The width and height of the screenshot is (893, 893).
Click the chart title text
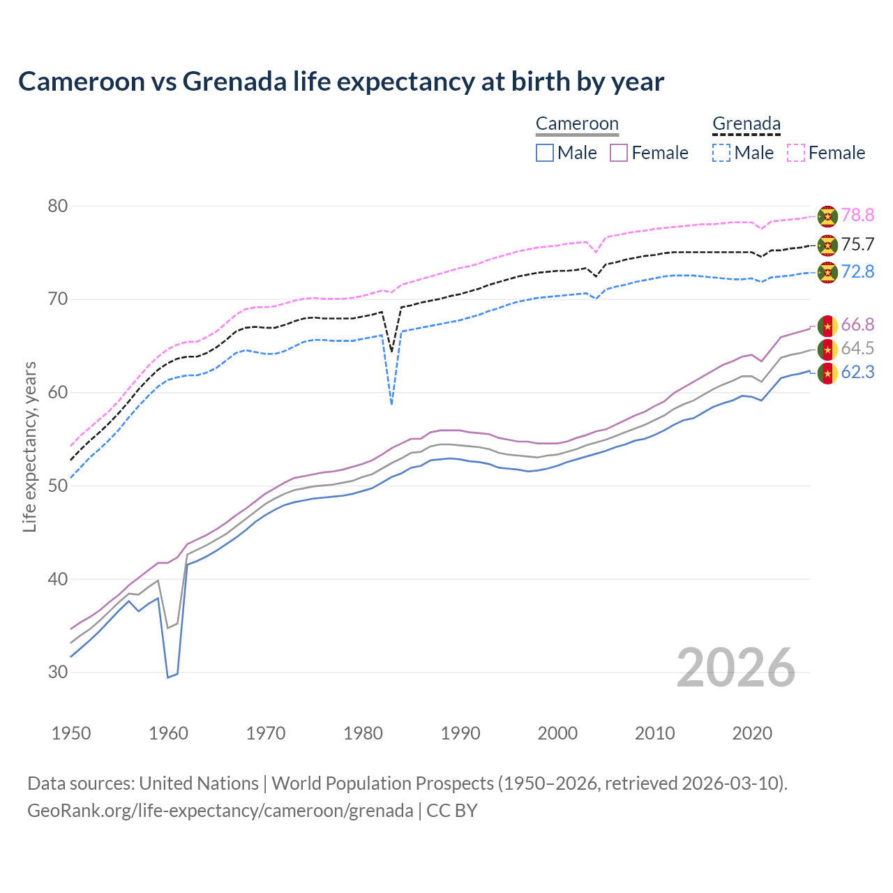pyautogui.click(x=341, y=82)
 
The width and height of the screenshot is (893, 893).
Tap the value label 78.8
pyautogui.click(x=857, y=215)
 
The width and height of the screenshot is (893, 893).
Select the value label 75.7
pyautogui.click(x=857, y=244)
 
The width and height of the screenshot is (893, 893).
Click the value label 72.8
pyautogui.click(x=857, y=271)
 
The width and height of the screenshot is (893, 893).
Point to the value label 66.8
pyautogui.click(x=857, y=324)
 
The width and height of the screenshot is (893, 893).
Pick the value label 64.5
pyautogui.click(x=857, y=348)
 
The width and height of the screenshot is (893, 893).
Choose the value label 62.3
pyautogui.click(x=857, y=373)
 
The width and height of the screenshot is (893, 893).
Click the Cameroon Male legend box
pyautogui.click(x=545, y=153)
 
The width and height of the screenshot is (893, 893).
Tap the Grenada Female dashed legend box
pyautogui.click(x=796, y=153)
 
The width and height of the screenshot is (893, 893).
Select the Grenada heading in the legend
pyautogui.click(x=746, y=124)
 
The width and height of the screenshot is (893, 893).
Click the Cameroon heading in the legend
pyautogui.click(x=577, y=124)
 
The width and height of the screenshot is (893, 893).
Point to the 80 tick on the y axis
pyautogui.click(x=58, y=206)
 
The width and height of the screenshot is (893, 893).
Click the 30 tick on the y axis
pyautogui.click(x=58, y=672)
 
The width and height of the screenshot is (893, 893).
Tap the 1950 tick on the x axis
pyautogui.click(x=71, y=733)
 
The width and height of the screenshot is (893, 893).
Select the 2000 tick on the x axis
pyautogui.click(x=557, y=733)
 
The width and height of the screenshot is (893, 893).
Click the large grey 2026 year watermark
pyautogui.click(x=735, y=668)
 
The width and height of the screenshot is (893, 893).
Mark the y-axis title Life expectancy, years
pyautogui.click(x=29, y=446)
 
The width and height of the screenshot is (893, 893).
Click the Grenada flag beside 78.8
pyautogui.click(x=827, y=216)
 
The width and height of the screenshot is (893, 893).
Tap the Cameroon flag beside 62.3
pyautogui.click(x=827, y=373)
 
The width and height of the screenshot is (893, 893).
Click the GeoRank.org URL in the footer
pyautogui.click(x=220, y=811)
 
